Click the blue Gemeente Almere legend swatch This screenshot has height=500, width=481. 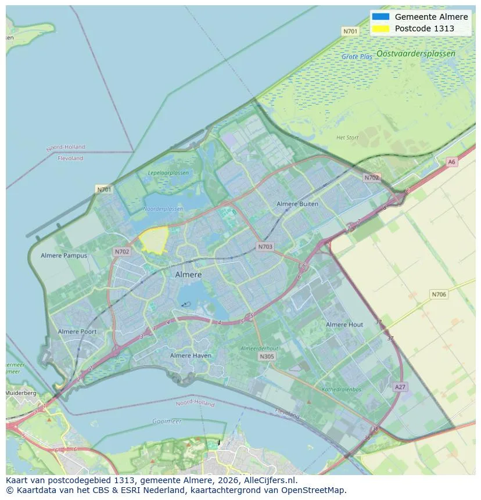pos(381,17)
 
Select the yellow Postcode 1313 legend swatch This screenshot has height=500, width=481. pos(381,28)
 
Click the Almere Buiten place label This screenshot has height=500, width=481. pos(297,204)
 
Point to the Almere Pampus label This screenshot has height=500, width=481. pos(64,256)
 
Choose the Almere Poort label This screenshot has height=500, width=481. pos(77,332)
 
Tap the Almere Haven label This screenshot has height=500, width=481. pos(191,355)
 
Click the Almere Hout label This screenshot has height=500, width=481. pos(344,325)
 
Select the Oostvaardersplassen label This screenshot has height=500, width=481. pos(415,53)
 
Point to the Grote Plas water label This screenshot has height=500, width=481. pos(357,57)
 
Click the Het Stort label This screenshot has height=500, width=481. pos(347,138)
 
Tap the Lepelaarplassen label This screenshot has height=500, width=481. pos(168,173)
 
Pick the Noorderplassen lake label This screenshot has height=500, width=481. pos(163,208)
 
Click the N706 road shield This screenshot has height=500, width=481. pos(439,294)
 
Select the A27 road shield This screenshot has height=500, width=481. pos(400,387)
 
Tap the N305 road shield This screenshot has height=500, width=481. pos(267,357)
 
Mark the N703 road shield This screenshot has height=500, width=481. pos(264,247)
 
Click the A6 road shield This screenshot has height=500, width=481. pos(451,162)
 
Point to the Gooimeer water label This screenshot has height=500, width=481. pos(167,421)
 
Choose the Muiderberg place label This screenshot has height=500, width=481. pos(21,393)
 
